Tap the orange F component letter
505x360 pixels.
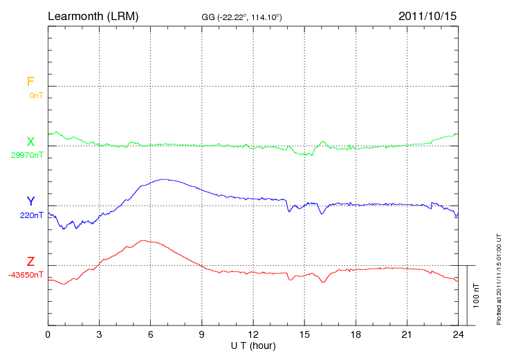pos(30,82)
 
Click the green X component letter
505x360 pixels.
pos(30,142)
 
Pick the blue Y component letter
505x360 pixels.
pos(30,201)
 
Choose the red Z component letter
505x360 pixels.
pos(30,262)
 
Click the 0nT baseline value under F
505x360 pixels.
pos(35,95)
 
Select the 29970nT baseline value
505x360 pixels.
pos(27,155)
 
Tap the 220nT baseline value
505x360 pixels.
pos(32,215)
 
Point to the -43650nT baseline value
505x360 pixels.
pos(26,275)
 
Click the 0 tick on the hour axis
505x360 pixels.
pos(48,334)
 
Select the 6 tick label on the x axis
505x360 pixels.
pos(151,334)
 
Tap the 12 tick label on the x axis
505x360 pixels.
pos(253,334)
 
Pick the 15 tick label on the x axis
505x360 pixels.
pos(304,334)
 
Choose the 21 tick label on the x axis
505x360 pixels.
pos(407,334)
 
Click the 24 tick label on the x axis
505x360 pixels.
pos(458,334)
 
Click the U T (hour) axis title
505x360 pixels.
pos(252,345)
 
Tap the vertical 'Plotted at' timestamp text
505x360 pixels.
pos(498,278)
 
